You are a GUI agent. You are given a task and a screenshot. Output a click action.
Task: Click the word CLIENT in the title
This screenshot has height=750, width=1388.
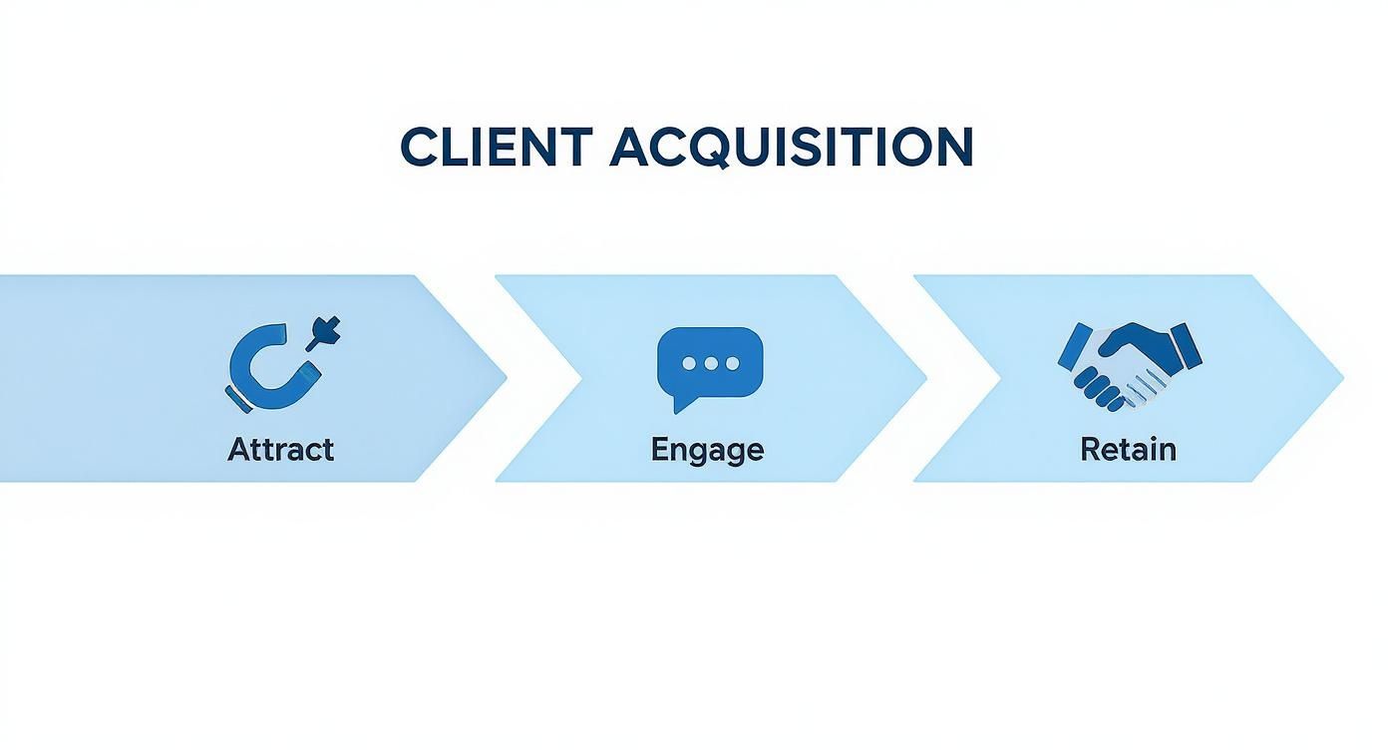pos(496,148)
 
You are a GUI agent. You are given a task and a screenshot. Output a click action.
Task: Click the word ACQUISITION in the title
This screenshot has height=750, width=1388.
pos(791,148)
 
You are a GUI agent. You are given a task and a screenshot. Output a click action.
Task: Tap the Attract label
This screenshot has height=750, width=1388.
pos(280,450)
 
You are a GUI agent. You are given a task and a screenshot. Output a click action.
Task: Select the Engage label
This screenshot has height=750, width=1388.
pos(707,450)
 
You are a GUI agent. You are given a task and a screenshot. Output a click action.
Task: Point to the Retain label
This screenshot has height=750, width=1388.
pos(1128,450)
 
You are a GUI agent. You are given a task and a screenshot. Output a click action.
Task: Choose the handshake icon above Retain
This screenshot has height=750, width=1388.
pos(1129,365)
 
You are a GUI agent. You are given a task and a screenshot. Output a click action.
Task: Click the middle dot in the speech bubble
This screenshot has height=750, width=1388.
pos(710,364)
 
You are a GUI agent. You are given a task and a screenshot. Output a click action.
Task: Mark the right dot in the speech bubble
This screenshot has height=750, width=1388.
pos(732,364)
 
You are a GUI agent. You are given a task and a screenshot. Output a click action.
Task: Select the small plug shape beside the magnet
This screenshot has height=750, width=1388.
pos(326,332)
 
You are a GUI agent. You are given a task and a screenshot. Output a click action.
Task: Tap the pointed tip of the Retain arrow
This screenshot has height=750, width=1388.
pos(1341,378)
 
